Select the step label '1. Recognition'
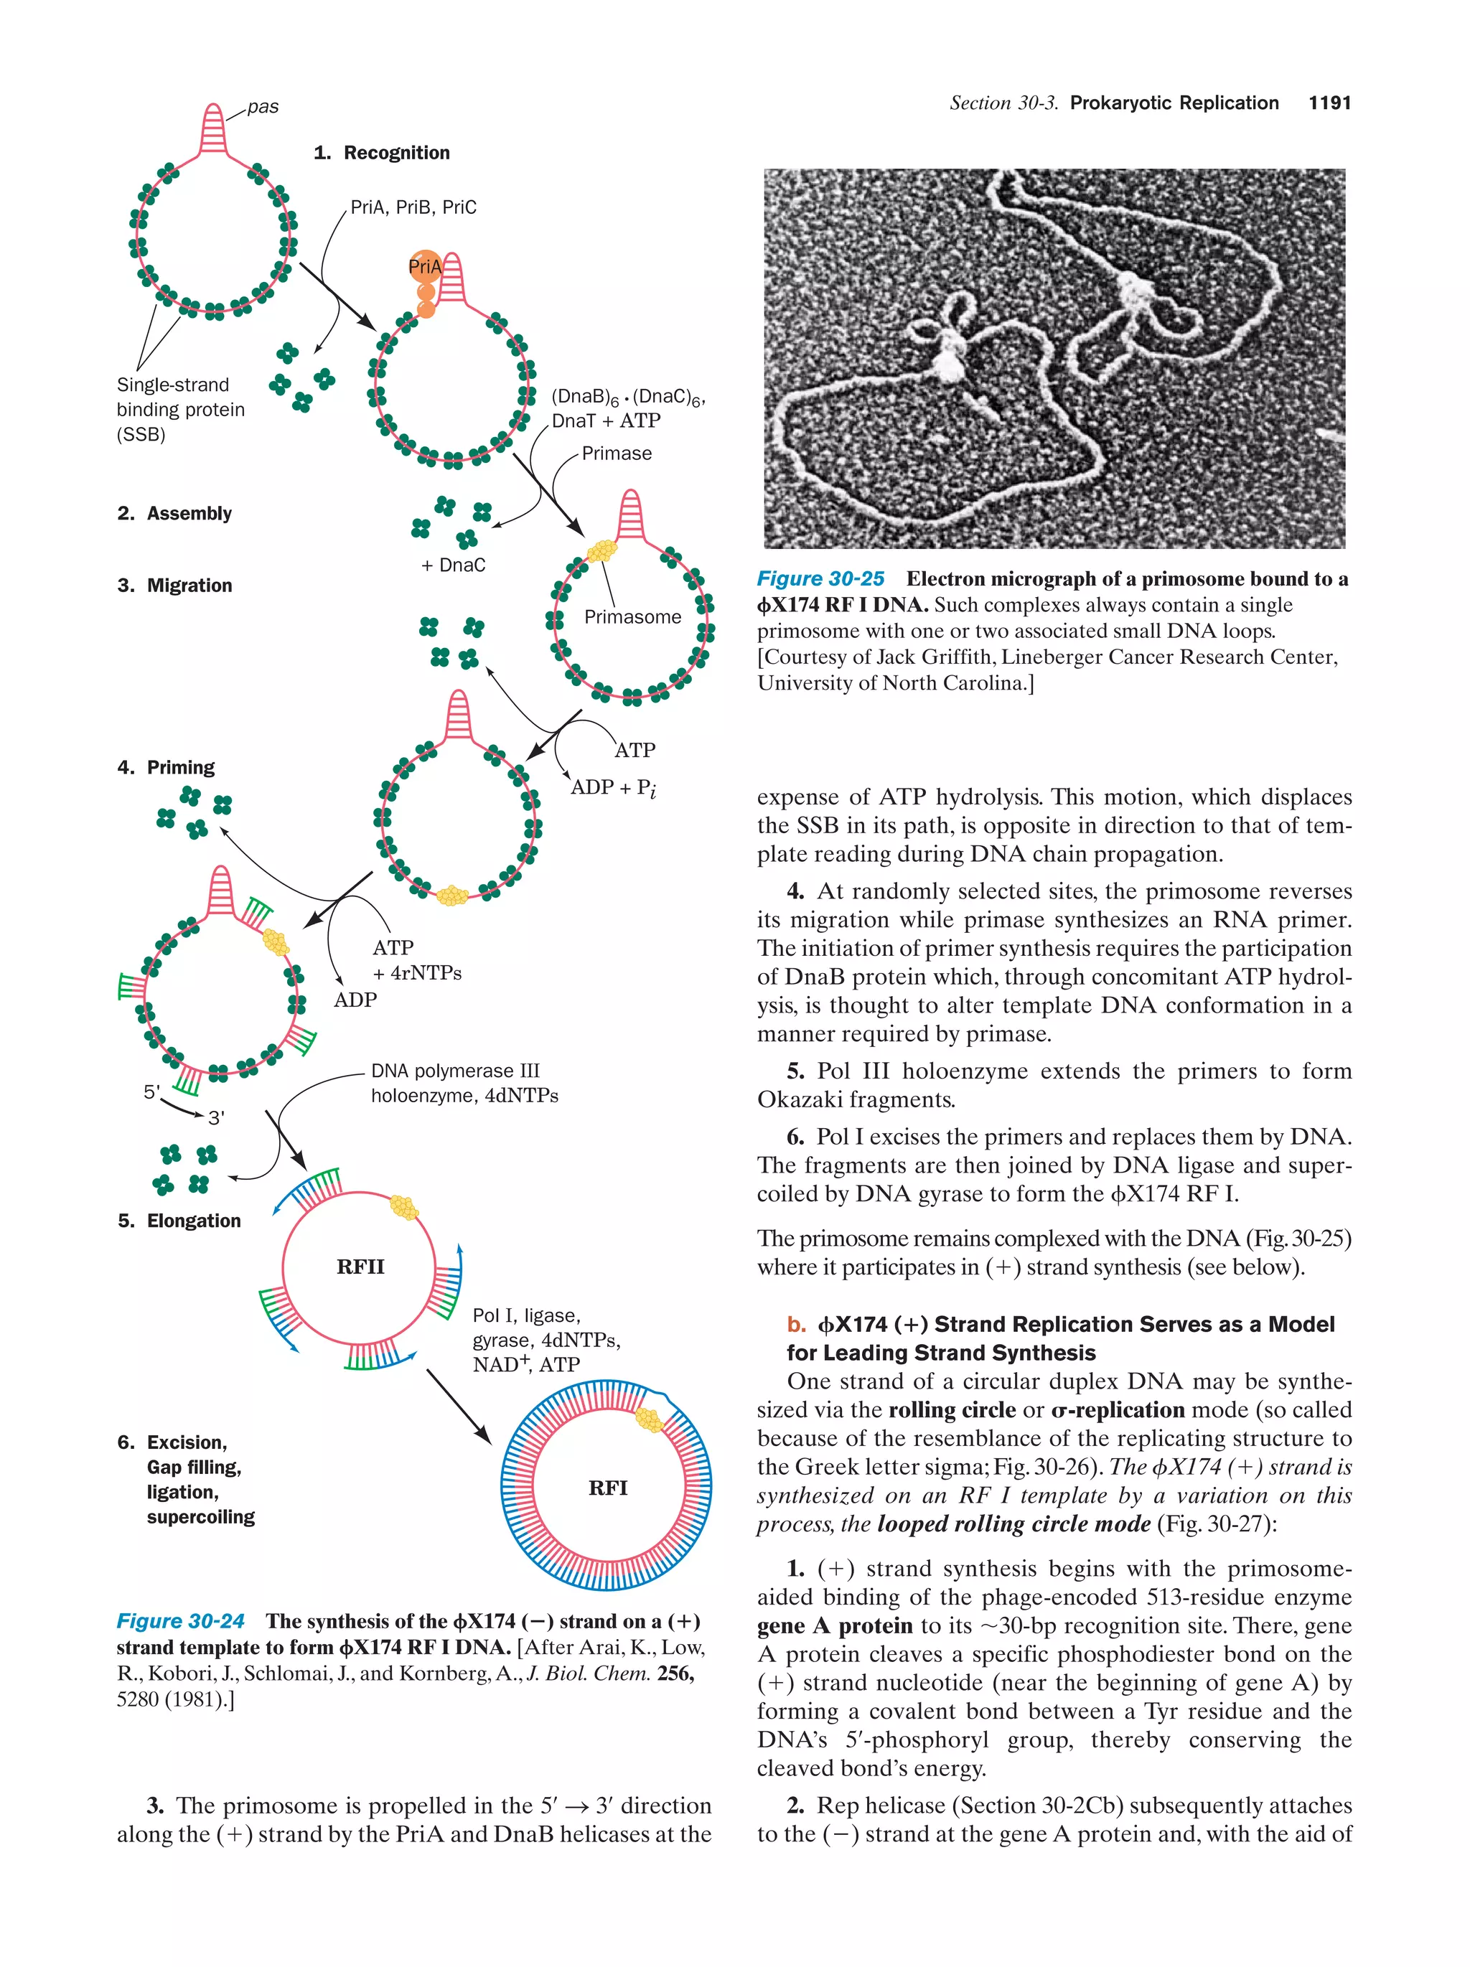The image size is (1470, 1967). coord(382,153)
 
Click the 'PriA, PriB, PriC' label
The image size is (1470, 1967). coord(413,207)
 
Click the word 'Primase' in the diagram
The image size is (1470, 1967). coord(617,454)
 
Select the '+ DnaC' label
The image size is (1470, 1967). coord(453,565)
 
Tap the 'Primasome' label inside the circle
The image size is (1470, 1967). coord(632,616)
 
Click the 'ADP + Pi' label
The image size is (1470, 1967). coord(613,787)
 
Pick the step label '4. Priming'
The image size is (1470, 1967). coord(167,766)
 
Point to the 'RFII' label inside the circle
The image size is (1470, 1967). coord(360,1267)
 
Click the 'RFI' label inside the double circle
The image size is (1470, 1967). coord(607,1488)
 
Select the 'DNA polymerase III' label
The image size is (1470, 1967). coord(454,1071)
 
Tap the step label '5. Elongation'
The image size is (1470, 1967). coord(179,1220)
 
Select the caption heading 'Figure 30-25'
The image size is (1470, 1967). coord(820,579)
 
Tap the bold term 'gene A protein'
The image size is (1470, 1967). coord(833,1625)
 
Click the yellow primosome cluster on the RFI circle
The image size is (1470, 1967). coord(649,1419)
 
